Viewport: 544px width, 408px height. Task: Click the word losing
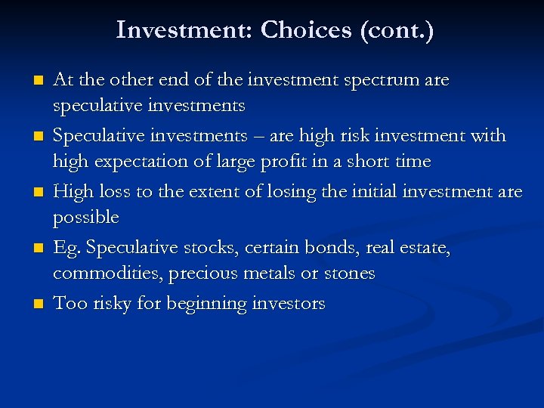tap(289, 192)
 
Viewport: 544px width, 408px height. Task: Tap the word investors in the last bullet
tap(288, 304)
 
